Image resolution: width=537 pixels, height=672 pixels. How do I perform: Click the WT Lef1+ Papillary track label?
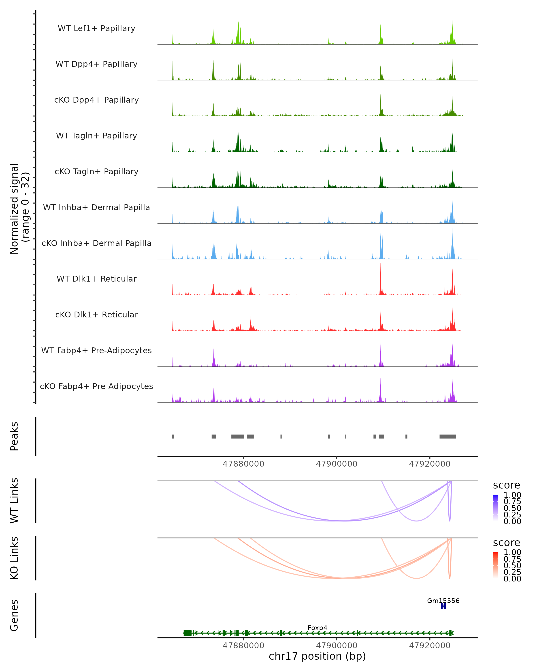[96, 28]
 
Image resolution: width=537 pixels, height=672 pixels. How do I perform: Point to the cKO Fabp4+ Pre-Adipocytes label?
[96, 386]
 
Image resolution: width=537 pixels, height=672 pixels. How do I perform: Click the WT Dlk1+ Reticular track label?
[96, 279]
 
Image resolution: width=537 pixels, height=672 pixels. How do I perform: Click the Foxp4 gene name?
[317, 628]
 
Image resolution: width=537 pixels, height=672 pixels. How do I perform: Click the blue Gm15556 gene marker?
[443, 606]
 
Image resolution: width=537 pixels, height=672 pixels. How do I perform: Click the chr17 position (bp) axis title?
[317, 656]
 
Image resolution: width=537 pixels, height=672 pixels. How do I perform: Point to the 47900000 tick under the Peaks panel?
[337, 464]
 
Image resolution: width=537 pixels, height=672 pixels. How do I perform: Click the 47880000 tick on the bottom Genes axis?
[243, 646]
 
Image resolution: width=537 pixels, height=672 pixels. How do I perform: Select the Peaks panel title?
[14, 436]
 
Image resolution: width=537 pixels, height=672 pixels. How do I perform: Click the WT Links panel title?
[14, 501]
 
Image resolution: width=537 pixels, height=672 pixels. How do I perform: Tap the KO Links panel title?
[14, 558]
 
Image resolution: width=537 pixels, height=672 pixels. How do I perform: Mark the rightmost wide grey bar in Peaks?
[448, 436]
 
